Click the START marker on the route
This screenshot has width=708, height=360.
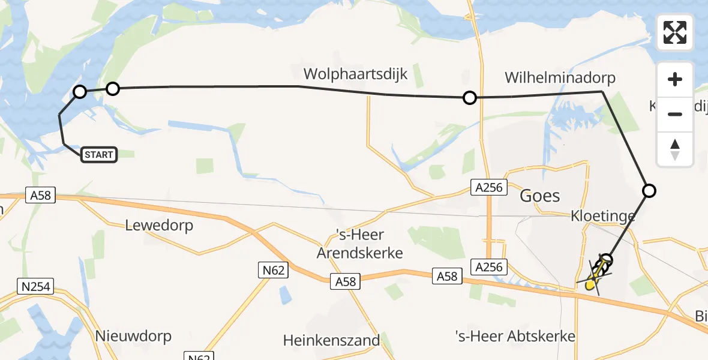pyautogui.click(x=98, y=155)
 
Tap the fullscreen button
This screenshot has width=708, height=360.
pyautogui.click(x=675, y=32)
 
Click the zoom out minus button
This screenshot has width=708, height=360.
pyautogui.click(x=675, y=114)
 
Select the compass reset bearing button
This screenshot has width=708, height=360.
pyautogui.click(x=675, y=149)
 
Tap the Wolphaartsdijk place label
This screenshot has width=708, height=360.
pyautogui.click(x=355, y=74)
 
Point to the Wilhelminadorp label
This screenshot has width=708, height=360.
pyautogui.click(x=560, y=78)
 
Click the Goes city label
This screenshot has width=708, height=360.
pyautogui.click(x=539, y=196)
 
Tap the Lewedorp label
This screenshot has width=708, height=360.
pyautogui.click(x=160, y=225)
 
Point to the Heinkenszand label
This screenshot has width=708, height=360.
pyautogui.click(x=332, y=341)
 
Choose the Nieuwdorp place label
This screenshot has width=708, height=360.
pyautogui.click(x=133, y=335)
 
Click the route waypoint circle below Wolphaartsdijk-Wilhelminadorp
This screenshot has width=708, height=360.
pyautogui.click(x=470, y=97)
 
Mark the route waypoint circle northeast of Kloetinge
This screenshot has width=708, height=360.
pyautogui.click(x=649, y=191)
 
